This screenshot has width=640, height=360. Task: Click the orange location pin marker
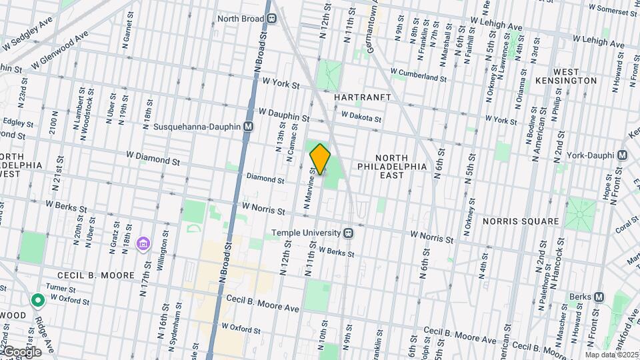pyautogui.click(x=321, y=159)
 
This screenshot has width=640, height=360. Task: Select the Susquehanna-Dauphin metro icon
pyautogui.click(x=248, y=126)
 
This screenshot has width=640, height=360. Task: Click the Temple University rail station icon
pyautogui.click(x=347, y=233)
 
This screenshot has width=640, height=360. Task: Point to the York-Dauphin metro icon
pyautogui.click(x=622, y=155)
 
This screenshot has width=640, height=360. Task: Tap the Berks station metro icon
pyautogui.click(x=599, y=297)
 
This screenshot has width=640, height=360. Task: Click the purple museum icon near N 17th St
pyautogui.click(x=142, y=244)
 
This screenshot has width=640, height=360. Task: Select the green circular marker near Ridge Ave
pyautogui.click(x=38, y=301)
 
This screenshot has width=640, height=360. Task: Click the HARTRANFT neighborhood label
pyautogui.click(x=361, y=97)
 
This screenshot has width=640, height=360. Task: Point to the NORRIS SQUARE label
pyautogui.click(x=521, y=221)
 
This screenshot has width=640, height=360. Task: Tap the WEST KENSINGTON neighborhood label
pyautogui.click(x=575, y=75)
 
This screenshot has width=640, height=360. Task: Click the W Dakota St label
pyautogui.click(x=361, y=117)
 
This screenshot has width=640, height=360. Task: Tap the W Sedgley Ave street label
pyautogui.click(x=27, y=43)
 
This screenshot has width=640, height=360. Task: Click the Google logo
pyautogui.click(x=22, y=351)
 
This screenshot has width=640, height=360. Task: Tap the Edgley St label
pyautogui.click(x=17, y=122)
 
